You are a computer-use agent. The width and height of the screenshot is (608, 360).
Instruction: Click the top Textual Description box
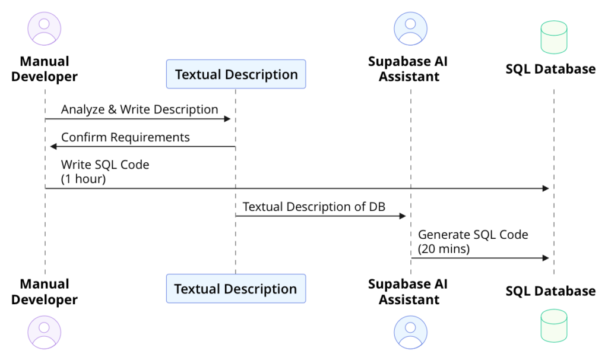click(x=236, y=74)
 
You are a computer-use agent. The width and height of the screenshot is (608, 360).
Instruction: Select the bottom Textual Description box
click(x=236, y=289)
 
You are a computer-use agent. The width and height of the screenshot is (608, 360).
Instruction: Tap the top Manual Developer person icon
click(x=45, y=29)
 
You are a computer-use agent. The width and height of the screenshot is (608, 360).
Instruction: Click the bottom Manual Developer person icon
click(x=45, y=332)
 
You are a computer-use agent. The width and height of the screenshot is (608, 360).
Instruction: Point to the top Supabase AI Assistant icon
click(x=410, y=29)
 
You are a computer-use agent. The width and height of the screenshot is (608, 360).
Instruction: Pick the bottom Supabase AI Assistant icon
click(x=410, y=332)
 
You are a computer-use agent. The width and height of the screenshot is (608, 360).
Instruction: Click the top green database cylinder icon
click(x=553, y=37)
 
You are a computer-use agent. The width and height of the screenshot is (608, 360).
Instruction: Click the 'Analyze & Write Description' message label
click(x=140, y=109)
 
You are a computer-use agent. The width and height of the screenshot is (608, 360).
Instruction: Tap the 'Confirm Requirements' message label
click(x=125, y=137)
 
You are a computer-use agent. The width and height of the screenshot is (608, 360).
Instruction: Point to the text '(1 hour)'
click(x=83, y=178)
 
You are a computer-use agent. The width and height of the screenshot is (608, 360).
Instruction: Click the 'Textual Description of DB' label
click(x=313, y=207)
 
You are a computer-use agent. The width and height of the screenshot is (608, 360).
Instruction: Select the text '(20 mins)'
click(x=444, y=249)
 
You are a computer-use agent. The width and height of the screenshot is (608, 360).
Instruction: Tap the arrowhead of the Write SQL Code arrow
click(x=546, y=188)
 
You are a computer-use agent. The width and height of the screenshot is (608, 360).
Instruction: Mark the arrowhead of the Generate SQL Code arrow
click(x=546, y=258)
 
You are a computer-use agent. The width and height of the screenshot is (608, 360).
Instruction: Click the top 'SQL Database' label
click(x=550, y=69)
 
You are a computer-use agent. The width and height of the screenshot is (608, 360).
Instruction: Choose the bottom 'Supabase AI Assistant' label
click(x=408, y=292)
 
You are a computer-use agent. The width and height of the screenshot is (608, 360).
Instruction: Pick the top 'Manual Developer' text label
click(x=45, y=69)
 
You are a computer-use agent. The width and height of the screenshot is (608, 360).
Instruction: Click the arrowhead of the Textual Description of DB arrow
click(x=402, y=216)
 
